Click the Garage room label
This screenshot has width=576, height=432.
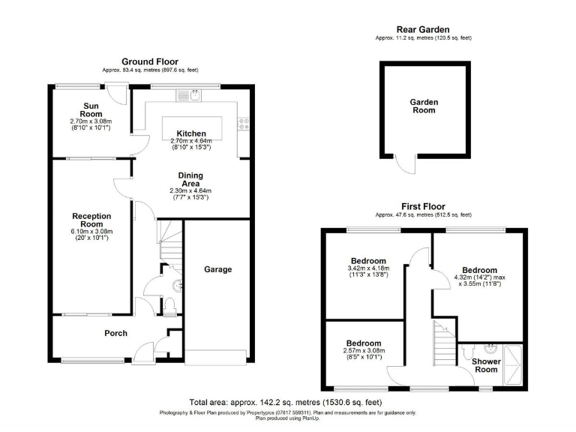coord(218,269)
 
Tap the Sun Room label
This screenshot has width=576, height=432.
coord(91,109)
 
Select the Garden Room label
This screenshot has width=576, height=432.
coord(424,106)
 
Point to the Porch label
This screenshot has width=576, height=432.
coord(115,333)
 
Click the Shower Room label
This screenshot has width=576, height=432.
coord(486,365)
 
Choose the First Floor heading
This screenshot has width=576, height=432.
coord(423,206)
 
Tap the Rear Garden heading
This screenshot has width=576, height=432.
coord(424,29)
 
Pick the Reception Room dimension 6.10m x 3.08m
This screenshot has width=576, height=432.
coord(91,232)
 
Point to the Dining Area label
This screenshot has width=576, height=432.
coord(190,179)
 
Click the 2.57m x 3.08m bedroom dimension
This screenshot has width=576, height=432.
coord(363,351)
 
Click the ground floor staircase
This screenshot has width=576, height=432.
coord(169,238)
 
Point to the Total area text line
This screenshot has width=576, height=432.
coord(287,402)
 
